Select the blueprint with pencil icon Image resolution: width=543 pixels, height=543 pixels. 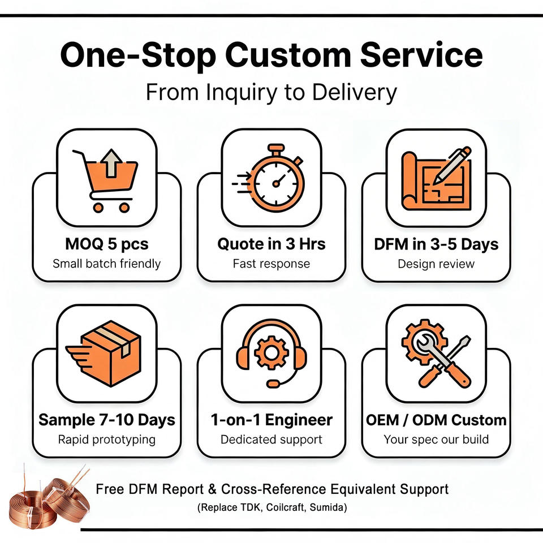pyautogui.click(x=436, y=179)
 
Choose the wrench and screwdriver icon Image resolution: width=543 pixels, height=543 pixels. pyautogui.click(x=436, y=353)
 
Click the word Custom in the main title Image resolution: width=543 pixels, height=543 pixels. pyautogui.click(x=288, y=55)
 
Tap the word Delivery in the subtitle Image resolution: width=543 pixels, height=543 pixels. pyautogui.click(x=354, y=92)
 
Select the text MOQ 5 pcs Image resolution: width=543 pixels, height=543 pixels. pyautogui.click(x=107, y=244)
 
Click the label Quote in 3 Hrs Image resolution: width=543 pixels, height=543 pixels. pyautogui.click(x=271, y=244)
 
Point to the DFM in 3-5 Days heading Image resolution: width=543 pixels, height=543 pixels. pyautogui.click(x=436, y=244)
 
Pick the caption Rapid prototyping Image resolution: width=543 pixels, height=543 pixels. pyautogui.click(x=107, y=439)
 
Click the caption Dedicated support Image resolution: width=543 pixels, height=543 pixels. pyautogui.click(x=271, y=439)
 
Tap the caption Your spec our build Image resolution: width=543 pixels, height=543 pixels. pyautogui.click(x=436, y=439)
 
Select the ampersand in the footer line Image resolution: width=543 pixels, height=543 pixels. pyautogui.click(x=212, y=489)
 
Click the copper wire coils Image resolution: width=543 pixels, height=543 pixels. pyautogui.click(x=49, y=499)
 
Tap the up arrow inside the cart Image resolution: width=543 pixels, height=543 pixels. pyautogui.click(x=111, y=163)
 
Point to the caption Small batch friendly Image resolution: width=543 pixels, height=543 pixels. pyautogui.click(x=107, y=264)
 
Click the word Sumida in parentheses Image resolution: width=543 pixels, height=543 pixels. pyautogui.click(x=328, y=508)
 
